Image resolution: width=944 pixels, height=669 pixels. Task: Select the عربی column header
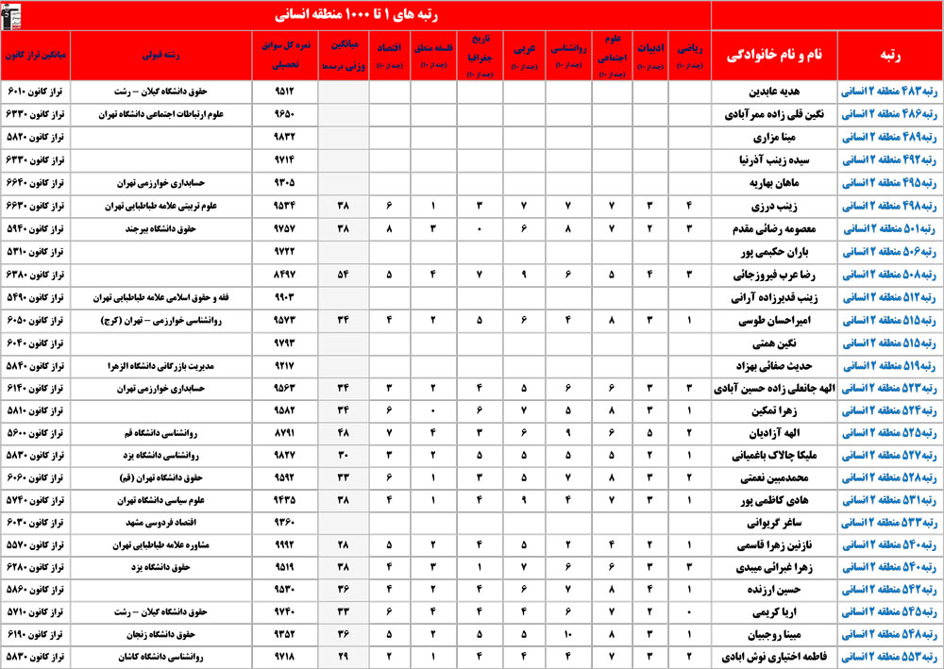click(x=523, y=56)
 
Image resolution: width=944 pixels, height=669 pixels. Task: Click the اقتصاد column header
click(x=389, y=56)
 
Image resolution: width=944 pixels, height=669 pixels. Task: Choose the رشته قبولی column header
click(x=160, y=56)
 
